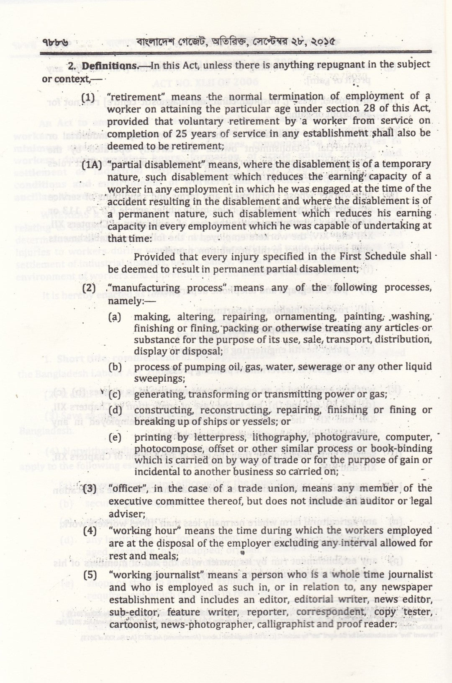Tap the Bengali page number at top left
(57, 42)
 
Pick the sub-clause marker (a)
(115, 317)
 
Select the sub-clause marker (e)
(115, 437)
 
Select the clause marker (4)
(90, 531)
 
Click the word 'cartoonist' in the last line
(132, 624)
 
